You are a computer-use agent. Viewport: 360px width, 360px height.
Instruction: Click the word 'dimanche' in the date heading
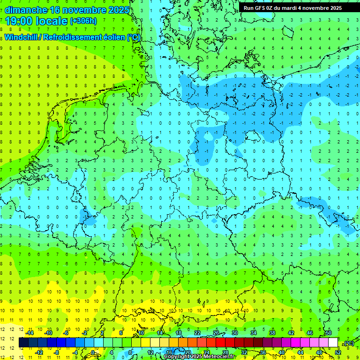coord(26,10)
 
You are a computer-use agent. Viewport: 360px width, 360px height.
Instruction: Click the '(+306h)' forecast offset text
coord(83,21)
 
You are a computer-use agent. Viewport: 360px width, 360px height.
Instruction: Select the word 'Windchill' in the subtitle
coord(21,37)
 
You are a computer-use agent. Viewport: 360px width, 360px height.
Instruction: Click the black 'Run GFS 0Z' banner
coord(292,8)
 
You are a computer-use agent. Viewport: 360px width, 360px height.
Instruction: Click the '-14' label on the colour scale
coord(29,333)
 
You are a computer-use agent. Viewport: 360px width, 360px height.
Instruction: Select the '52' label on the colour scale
coord(337,352)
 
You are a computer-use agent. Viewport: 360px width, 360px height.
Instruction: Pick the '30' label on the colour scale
coord(234,333)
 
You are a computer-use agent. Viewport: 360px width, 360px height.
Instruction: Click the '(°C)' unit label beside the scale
coord(348,343)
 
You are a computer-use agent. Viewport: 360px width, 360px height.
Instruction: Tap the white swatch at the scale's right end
coord(333,343)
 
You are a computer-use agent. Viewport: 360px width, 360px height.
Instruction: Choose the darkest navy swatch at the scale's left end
coord(24,343)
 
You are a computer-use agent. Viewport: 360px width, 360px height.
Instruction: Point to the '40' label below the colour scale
coord(281,352)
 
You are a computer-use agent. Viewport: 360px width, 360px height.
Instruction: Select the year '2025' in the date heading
coord(115,10)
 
